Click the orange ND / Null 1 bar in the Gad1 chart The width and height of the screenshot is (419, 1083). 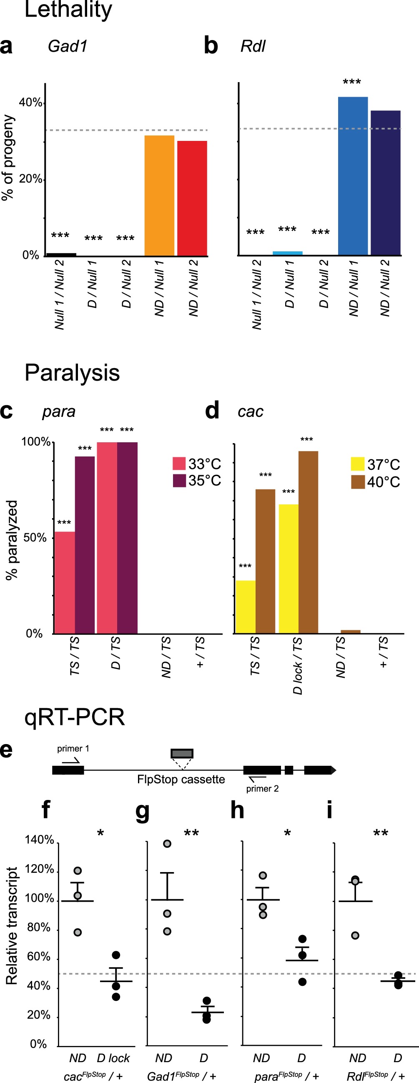159,196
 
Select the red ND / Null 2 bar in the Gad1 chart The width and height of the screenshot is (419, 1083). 192,198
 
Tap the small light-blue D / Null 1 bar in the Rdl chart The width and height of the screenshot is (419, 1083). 287,253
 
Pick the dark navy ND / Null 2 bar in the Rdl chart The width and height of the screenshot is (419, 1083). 385,183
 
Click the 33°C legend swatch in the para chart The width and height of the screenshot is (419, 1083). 179,463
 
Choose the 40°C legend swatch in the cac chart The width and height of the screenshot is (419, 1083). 358,482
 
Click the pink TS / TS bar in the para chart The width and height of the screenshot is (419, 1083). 65,582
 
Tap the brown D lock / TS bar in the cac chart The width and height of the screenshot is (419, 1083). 308,542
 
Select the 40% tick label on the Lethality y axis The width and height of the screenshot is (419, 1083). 30,103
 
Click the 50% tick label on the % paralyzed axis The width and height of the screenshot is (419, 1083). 35,538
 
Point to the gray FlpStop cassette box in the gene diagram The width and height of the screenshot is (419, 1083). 182,753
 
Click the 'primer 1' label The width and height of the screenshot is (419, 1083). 73,748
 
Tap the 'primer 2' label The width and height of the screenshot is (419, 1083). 262,789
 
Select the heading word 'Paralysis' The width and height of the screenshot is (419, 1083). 72,373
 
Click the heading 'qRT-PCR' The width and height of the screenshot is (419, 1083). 75,717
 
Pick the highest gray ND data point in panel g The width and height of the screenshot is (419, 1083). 167,844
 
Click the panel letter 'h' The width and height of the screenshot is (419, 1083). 237,810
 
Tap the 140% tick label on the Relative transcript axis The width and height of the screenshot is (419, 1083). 39,840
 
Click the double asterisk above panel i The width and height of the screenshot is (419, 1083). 380,833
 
